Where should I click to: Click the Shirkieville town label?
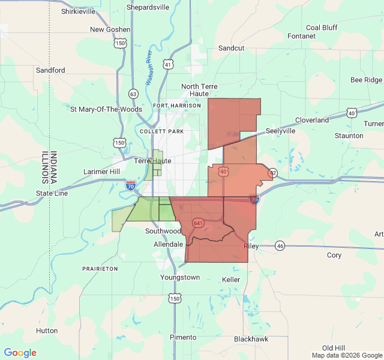tap(79, 11)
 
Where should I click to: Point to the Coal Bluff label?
tap(322, 28)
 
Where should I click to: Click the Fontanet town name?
tap(302, 36)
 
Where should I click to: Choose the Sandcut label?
tap(231, 47)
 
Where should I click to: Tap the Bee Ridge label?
tap(366, 80)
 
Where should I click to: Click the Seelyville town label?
tap(281, 131)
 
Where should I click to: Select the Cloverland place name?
tap(312, 120)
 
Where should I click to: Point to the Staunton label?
tap(349, 136)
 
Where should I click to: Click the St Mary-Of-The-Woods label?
tap(106, 109)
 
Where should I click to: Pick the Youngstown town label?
tap(180, 277)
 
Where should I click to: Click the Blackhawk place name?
tap(251, 339)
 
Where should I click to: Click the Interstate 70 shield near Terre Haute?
tap(130, 185)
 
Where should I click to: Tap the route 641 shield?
tap(198, 223)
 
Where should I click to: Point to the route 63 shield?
tap(133, 94)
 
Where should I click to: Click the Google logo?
tap(20, 353)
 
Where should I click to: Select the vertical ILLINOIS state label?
tap(45, 167)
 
